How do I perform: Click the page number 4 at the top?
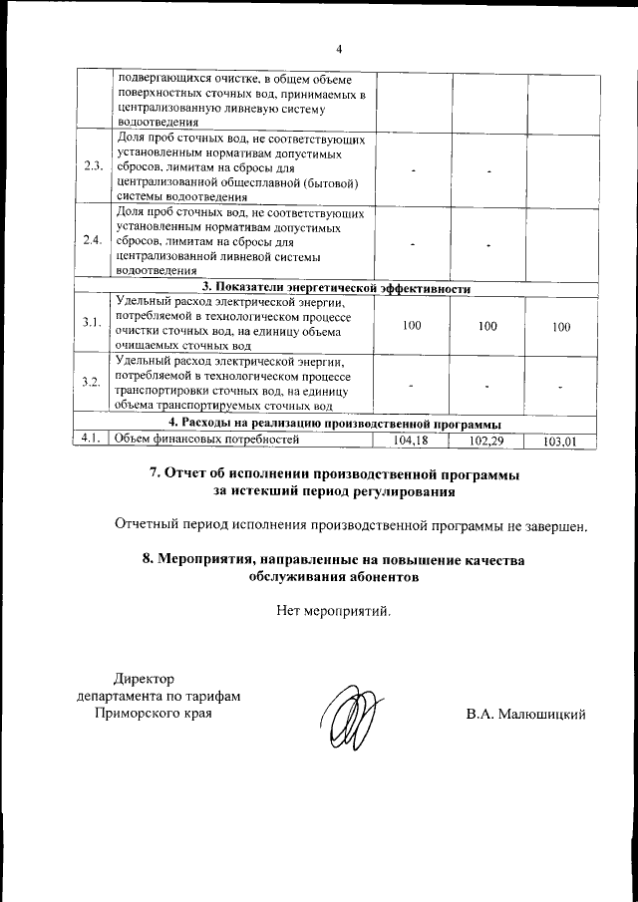click(x=338, y=49)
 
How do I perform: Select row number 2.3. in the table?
click(x=94, y=166)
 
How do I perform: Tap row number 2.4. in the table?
click(x=94, y=240)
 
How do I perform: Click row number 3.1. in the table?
click(x=94, y=323)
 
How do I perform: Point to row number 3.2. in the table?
click(x=94, y=383)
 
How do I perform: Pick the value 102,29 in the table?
click(x=487, y=439)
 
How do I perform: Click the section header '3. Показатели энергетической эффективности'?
click(x=336, y=288)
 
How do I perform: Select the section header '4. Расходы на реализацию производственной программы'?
click(x=335, y=424)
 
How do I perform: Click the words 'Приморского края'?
click(x=153, y=714)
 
